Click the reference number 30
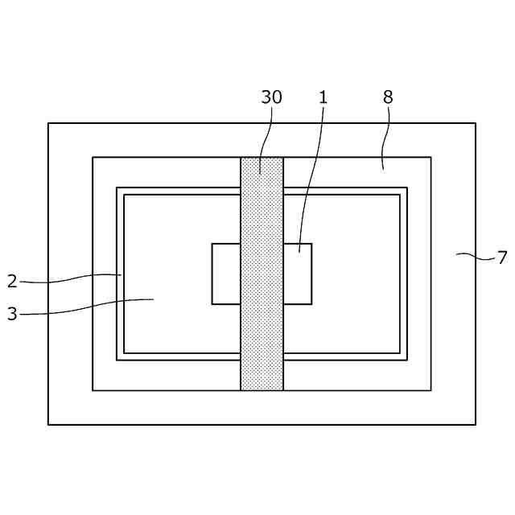(x=271, y=97)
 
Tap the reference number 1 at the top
(x=323, y=97)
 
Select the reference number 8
(x=388, y=97)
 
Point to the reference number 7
(x=502, y=257)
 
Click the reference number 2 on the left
(x=11, y=281)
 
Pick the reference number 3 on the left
(x=11, y=314)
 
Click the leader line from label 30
(x=266, y=137)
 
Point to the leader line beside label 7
(x=475, y=257)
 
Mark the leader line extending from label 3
(x=89, y=306)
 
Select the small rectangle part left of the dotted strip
(x=226, y=274)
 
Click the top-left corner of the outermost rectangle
(x=48, y=123)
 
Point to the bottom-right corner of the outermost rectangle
(x=476, y=424)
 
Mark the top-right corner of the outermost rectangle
(x=476, y=123)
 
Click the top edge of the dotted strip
(x=262, y=158)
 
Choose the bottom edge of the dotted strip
(x=262, y=390)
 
